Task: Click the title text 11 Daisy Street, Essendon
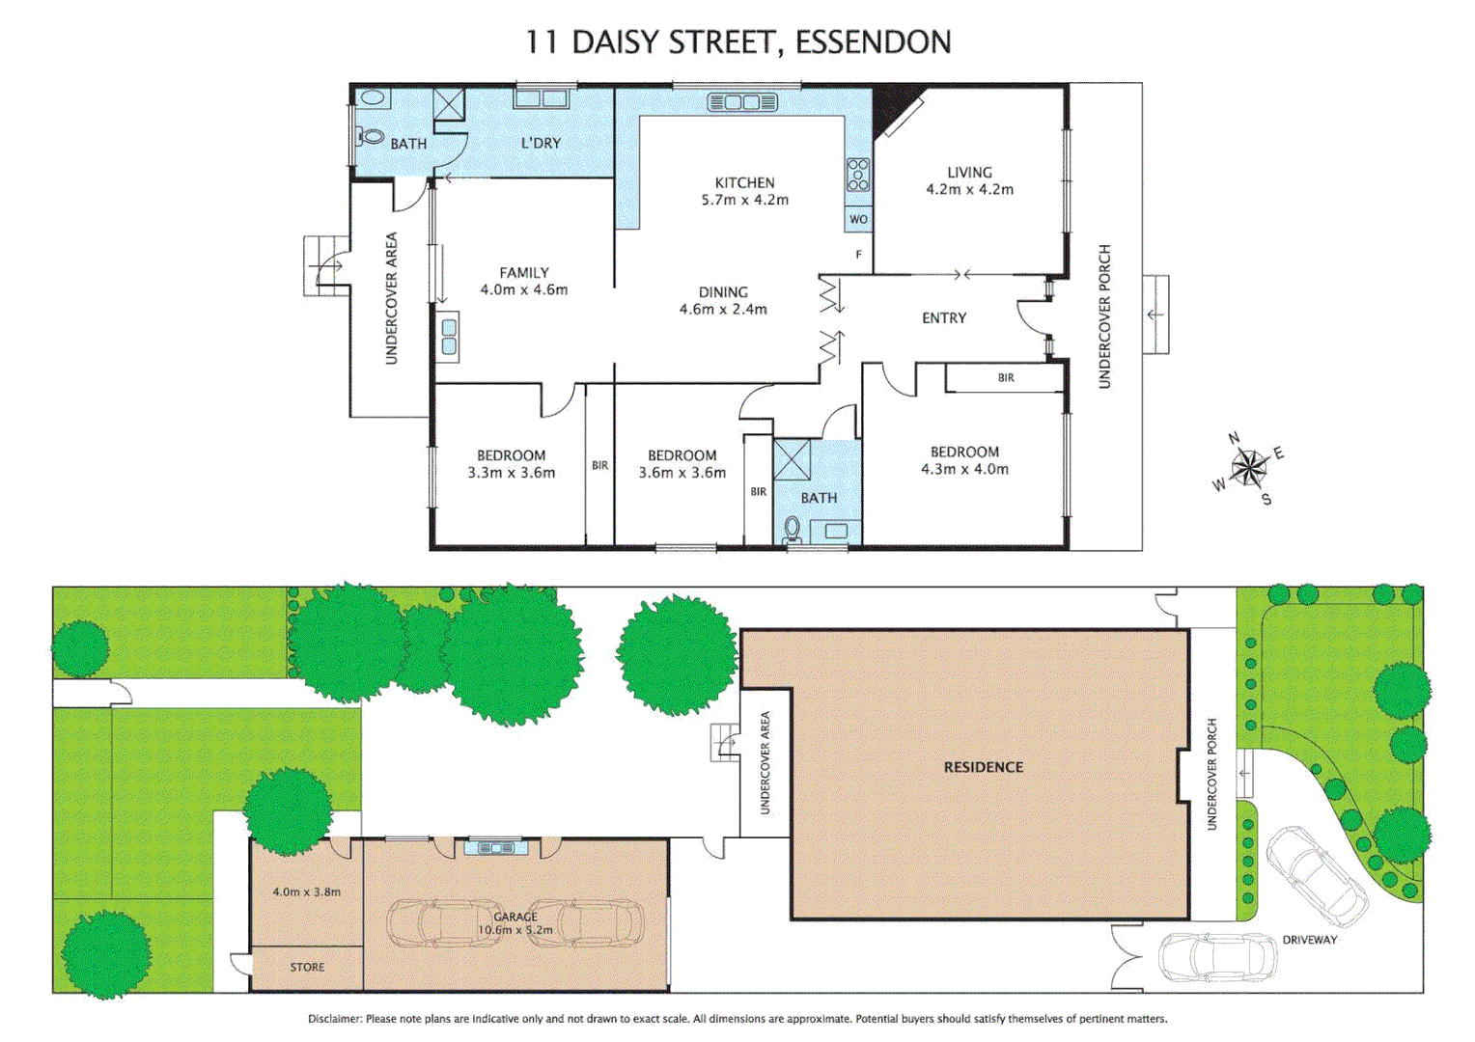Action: [x=737, y=41]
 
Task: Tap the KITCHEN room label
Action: [x=744, y=182]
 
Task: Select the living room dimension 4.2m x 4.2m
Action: [x=969, y=190]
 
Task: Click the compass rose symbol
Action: [x=1249, y=469]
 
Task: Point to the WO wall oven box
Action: [x=858, y=219]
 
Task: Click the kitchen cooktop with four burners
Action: [x=857, y=175]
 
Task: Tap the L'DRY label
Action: [x=541, y=143]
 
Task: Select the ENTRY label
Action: [x=943, y=317]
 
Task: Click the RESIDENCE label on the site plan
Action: [x=983, y=767]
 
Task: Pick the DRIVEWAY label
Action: [x=1309, y=940]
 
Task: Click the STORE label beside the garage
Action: [x=307, y=967]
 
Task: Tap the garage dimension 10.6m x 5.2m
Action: [x=515, y=930]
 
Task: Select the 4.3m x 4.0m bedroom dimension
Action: [x=964, y=470]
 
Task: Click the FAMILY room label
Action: [x=523, y=273]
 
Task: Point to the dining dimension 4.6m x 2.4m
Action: [x=723, y=310]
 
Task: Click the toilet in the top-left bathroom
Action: [x=370, y=136]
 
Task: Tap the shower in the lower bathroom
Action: [x=793, y=459]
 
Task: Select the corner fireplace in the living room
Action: [x=894, y=107]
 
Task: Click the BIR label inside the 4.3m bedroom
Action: [x=1006, y=378]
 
